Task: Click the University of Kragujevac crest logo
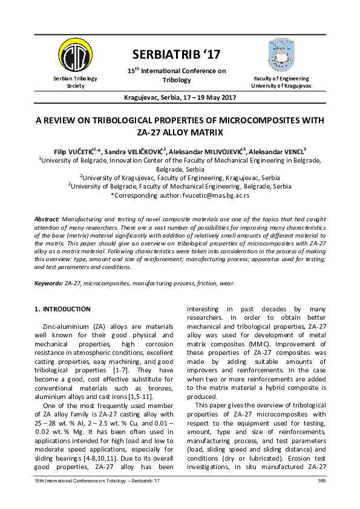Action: [281, 53]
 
